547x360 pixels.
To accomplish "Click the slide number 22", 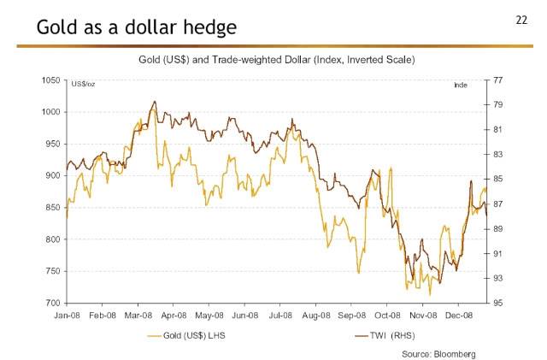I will coord(522,19).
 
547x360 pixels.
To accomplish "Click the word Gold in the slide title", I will coord(58,28).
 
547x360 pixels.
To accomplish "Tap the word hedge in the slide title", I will coord(209,28).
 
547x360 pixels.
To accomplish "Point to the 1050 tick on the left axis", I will coord(50,80).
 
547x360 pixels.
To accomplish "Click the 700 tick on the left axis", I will coord(52,304).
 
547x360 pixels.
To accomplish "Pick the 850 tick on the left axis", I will coord(52,208).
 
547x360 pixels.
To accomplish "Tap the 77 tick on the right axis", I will coord(497,80).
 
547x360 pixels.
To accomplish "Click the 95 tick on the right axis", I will coord(497,304).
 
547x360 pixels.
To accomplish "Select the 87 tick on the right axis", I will coord(497,204).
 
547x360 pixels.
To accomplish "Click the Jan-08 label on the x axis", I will coord(67,316).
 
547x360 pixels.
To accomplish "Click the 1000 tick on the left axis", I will coord(50,112).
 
